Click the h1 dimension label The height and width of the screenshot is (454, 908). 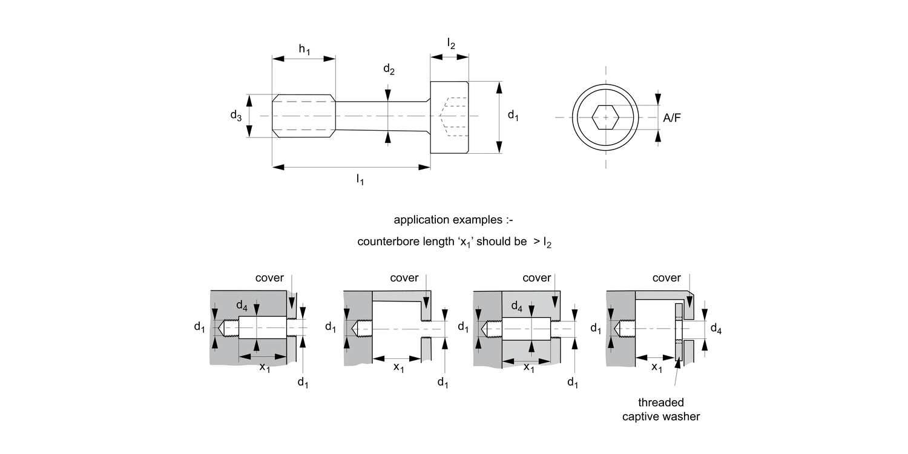click(x=304, y=50)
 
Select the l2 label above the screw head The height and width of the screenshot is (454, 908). click(x=451, y=43)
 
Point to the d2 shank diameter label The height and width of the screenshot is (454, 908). click(x=389, y=70)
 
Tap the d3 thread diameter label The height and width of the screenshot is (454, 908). click(x=236, y=116)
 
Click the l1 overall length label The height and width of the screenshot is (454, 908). click(x=360, y=179)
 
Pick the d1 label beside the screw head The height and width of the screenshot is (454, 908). click(x=513, y=115)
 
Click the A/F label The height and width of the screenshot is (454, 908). click(x=672, y=118)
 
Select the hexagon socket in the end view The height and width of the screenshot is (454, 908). click(x=605, y=117)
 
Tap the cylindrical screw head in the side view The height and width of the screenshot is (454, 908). click(x=449, y=117)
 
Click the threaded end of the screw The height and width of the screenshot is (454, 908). click(x=303, y=116)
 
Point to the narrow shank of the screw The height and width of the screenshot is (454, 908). click(x=381, y=116)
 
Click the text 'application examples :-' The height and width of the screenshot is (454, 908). click(x=453, y=219)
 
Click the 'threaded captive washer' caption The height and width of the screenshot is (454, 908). click(x=660, y=409)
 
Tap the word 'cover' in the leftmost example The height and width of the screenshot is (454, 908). click(x=269, y=278)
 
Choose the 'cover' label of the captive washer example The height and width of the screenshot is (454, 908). click(x=666, y=278)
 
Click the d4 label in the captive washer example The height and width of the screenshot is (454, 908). click(x=716, y=329)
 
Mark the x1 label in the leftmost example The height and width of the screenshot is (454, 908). click(x=265, y=367)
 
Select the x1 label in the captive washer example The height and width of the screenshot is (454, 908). click(x=657, y=367)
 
